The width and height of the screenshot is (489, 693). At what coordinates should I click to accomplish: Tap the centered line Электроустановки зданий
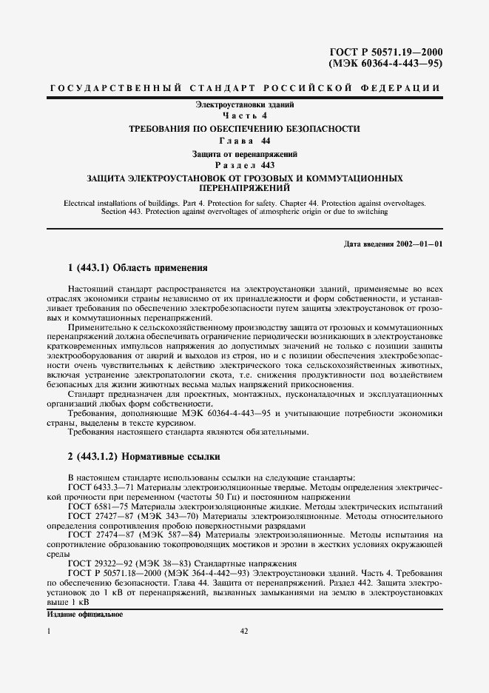(244, 106)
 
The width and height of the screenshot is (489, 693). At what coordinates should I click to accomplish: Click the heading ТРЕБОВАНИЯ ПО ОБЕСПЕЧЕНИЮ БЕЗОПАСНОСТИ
(244, 129)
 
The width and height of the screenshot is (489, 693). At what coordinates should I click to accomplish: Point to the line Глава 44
(244, 141)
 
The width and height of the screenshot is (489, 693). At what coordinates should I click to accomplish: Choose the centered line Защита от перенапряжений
(244, 153)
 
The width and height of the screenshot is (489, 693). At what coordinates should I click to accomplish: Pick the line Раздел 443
(244, 165)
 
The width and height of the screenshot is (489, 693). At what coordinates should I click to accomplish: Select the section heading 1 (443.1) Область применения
(137, 267)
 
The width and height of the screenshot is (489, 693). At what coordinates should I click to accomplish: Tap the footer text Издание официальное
(84, 615)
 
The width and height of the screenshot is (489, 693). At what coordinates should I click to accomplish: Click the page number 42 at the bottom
(244, 632)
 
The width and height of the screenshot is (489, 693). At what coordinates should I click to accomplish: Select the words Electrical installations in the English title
(100, 202)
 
